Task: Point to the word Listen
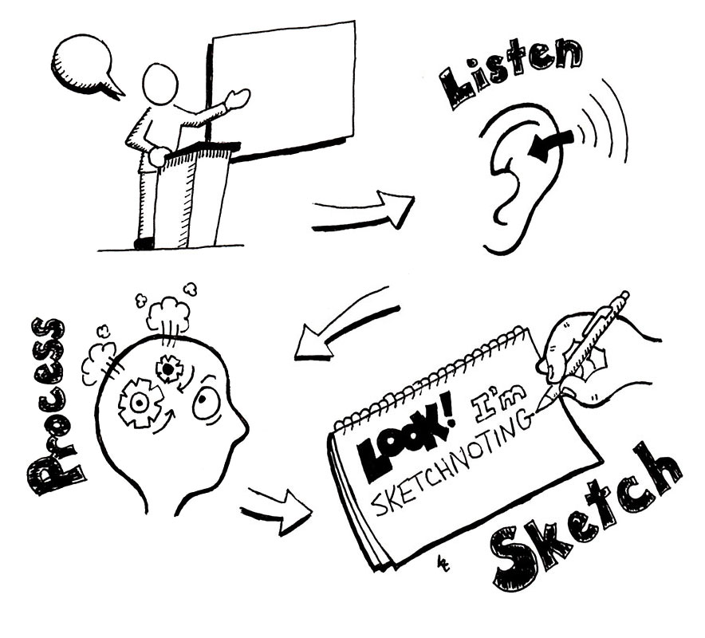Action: point(510,72)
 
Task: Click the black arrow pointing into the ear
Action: point(551,144)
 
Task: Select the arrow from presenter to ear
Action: point(364,211)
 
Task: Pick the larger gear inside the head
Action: point(140,403)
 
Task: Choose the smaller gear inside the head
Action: point(168,368)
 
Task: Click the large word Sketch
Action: point(585,517)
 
